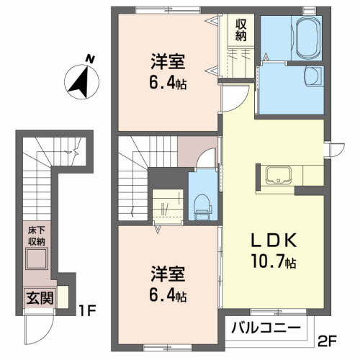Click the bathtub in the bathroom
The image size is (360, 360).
[309, 37]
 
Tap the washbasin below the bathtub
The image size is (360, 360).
[313, 76]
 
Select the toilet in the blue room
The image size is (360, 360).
[203, 207]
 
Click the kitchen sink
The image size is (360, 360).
[279, 175]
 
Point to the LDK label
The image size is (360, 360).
[274, 240]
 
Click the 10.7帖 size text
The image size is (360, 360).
[274, 261]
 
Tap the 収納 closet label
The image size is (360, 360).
[240, 30]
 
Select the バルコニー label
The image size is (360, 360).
[266, 328]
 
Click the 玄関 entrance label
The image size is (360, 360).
[40, 298]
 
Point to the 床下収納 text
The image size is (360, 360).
[37, 236]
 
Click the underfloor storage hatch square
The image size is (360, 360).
[37, 258]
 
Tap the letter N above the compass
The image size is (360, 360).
[90, 59]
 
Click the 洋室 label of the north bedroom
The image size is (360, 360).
[168, 62]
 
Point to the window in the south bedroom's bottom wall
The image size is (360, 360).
[168, 347]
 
